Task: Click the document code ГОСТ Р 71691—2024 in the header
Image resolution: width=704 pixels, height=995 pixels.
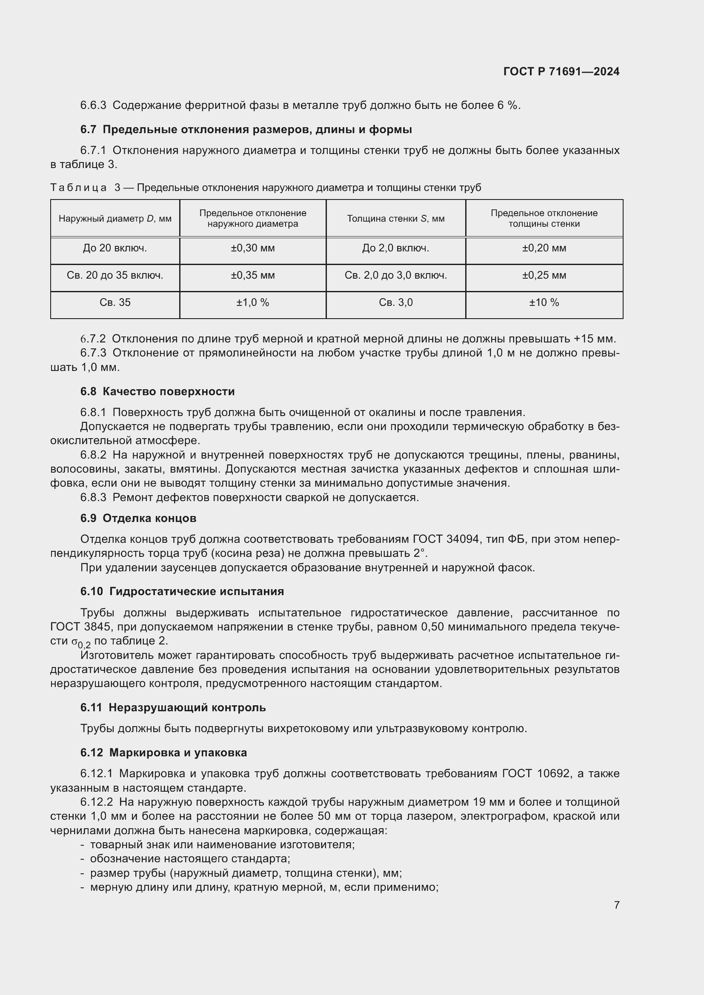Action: (x=561, y=71)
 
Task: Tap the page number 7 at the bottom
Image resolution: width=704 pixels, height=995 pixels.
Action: (x=616, y=905)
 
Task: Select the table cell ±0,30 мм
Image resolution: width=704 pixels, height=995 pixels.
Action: (x=253, y=248)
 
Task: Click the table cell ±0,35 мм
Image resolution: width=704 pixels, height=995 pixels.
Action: (x=253, y=276)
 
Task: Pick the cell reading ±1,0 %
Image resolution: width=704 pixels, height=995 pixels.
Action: (x=253, y=302)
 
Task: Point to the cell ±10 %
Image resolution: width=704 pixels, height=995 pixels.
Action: (x=544, y=302)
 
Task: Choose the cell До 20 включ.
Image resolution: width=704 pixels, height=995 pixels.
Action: (x=115, y=248)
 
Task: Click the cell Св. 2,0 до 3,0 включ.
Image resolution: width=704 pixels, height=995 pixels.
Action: (x=396, y=276)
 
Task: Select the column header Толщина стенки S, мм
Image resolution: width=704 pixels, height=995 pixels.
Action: (x=396, y=219)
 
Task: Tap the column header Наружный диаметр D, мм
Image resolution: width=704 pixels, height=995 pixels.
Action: (x=115, y=219)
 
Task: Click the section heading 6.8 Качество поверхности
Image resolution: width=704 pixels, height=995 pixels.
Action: (x=157, y=391)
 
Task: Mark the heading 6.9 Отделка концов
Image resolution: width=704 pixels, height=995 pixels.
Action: (x=138, y=518)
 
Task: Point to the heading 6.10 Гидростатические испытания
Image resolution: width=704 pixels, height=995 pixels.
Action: (x=182, y=592)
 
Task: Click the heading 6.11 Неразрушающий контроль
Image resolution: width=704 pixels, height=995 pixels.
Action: (x=173, y=708)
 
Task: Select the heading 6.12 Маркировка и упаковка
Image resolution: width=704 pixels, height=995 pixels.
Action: (x=163, y=753)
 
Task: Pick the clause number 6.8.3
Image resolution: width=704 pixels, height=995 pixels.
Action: (x=93, y=498)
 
